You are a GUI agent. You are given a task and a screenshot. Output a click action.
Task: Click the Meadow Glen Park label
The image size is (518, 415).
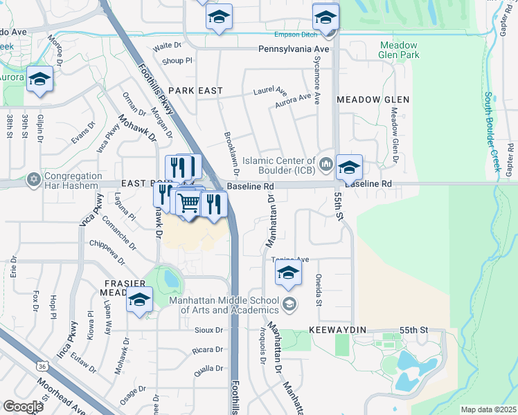click(x=399, y=50)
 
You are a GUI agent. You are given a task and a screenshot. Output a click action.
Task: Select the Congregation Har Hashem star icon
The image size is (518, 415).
click(x=33, y=180)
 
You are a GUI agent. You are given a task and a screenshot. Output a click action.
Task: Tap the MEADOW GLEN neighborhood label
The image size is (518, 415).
click(x=373, y=100)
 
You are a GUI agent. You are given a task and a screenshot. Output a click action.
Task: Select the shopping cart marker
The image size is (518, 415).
click(x=189, y=203)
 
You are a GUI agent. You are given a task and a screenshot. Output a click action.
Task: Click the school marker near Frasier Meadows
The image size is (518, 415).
click(x=140, y=300)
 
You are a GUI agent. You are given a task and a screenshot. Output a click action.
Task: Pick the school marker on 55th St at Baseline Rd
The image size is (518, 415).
click(x=350, y=167)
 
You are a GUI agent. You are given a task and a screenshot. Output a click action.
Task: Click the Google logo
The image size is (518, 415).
click(x=23, y=407)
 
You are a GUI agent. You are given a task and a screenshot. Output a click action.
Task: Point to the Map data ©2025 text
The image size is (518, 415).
click(x=488, y=409)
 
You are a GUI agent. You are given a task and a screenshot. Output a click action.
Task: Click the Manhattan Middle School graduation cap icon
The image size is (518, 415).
click(x=289, y=303)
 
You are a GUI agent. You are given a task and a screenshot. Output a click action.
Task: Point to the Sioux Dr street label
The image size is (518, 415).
click(x=208, y=331)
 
